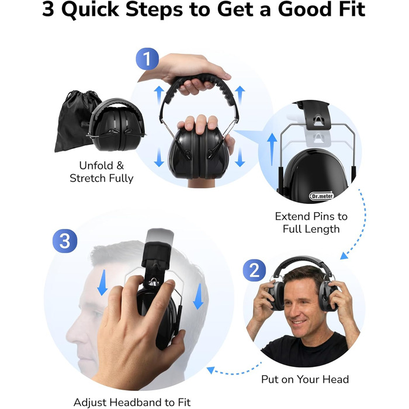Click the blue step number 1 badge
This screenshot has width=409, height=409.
coord(147,58)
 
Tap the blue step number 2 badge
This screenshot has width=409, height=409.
coord(254,270)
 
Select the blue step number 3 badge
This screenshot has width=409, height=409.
coord(65,241)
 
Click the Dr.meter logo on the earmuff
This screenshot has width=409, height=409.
coord(321,196)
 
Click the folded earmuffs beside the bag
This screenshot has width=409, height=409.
coord(116,124)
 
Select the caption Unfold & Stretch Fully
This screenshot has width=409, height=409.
coord(102,172)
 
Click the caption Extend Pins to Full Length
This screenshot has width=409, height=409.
coord(311,223)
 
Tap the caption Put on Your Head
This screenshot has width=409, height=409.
coord(305,379)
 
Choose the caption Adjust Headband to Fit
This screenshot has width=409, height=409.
coord(132,402)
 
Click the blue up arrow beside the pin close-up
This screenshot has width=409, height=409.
coord(272,149)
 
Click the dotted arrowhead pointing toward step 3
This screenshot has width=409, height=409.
coord(211,370)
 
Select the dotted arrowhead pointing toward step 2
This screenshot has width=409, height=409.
coord(344,256)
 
